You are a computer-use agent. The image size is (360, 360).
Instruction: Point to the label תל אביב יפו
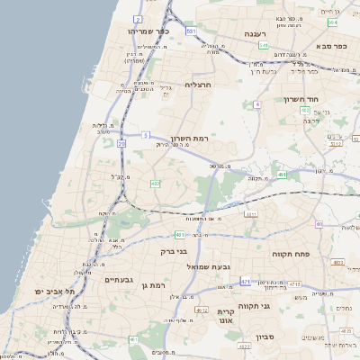pos(56,292)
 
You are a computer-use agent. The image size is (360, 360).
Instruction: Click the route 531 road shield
pos(191,31)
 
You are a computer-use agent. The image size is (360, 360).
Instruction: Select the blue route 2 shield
pos(138,18)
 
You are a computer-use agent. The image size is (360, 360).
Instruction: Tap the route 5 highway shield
pos(146,135)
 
